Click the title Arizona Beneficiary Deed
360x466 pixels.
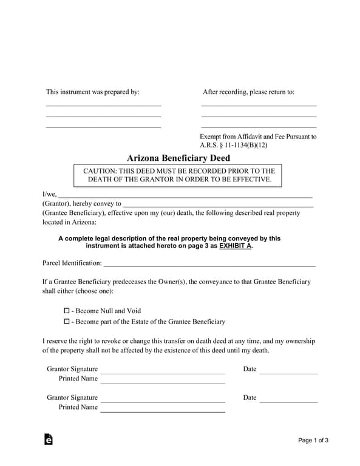click(x=178, y=158)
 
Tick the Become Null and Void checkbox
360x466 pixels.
click(x=67, y=311)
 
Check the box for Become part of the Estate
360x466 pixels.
click(x=67, y=322)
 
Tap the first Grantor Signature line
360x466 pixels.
click(x=162, y=371)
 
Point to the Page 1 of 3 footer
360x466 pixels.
click(x=313, y=441)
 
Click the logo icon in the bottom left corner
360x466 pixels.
click(x=49, y=440)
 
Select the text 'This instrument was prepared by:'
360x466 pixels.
click(x=93, y=92)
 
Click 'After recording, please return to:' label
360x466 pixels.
click(x=248, y=92)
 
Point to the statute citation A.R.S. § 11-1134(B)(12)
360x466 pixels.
click(x=233, y=146)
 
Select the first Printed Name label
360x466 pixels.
click(x=78, y=379)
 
